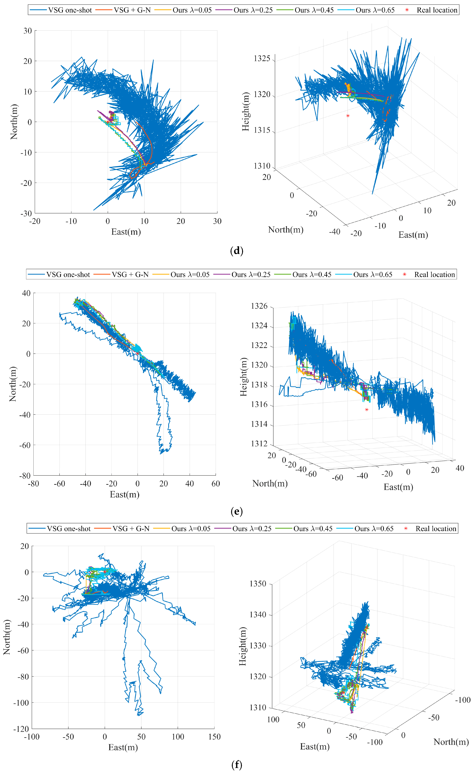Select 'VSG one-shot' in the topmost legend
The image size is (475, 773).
click(x=70, y=10)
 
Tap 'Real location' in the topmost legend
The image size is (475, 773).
click(x=437, y=10)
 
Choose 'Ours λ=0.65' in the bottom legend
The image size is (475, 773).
click(x=374, y=528)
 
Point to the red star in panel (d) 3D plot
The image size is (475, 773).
click(x=348, y=116)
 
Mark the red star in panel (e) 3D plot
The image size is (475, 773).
click(x=367, y=410)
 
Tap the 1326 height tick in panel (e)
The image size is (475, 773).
click(x=259, y=306)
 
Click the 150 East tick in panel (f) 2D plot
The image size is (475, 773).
click(x=214, y=737)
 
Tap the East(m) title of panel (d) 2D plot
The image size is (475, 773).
click(x=126, y=232)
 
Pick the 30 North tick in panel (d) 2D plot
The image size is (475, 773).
click(x=28, y=31)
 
